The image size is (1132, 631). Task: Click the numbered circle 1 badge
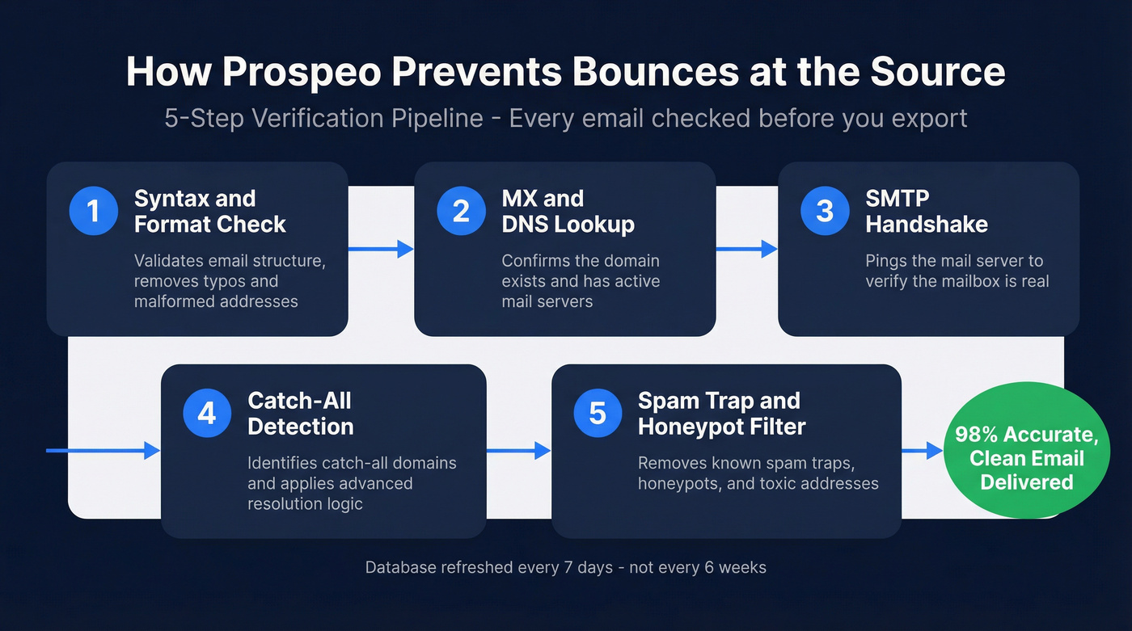[x=93, y=211]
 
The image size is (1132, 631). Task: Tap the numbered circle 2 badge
[x=461, y=211]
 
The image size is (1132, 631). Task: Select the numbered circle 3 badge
[x=824, y=211]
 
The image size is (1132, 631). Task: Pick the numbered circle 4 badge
[x=207, y=414]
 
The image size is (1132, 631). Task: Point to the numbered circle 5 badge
[x=598, y=414]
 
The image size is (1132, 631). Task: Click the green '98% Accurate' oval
[x=1026, y=458]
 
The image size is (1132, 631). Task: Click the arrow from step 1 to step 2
[x=381, y=250]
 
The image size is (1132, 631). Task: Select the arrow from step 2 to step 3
[x=746, y=250]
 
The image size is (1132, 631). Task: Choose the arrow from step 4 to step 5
[x=518, y=451]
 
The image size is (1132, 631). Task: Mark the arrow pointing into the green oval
[x=923, y=451]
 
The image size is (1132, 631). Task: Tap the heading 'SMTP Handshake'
[x=927, y=211]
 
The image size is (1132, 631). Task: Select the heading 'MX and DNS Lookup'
[x=568, y=211]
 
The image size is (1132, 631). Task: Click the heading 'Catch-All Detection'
[x=300, y=414]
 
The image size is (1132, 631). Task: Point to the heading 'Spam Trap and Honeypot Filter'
[x=721, y=414]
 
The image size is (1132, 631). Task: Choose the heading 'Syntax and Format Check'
[x=209, y=211]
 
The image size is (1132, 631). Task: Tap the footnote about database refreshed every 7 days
[x=565, y=567]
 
